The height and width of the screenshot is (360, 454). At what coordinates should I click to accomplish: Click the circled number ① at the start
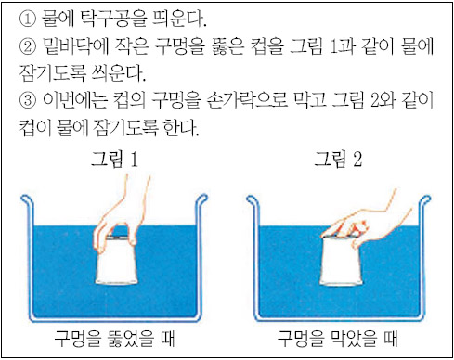tap(28, 19)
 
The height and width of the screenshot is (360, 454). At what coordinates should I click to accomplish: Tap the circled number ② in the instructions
tap(28, 47)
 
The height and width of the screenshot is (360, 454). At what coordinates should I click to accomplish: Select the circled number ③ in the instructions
tap(28, 101)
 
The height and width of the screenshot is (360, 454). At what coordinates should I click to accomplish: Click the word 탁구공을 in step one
tap(114, 19)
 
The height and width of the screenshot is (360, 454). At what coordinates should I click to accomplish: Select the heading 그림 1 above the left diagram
tap(114, 159)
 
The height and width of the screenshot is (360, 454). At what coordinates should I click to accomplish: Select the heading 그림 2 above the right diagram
tap(338, 159)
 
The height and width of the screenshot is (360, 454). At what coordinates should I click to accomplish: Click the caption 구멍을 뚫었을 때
tap(114, 338)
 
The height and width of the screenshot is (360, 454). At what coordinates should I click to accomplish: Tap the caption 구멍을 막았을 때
tap(337, 338)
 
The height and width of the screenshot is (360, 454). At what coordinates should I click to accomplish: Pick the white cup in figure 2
tap(342, 261)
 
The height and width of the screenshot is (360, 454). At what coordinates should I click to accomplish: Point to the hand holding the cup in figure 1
tap(122, 216)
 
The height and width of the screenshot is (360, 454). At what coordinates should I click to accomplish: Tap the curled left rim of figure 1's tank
tap(26, 200)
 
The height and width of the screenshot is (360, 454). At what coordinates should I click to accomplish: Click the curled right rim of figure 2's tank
tap(426, 200)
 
